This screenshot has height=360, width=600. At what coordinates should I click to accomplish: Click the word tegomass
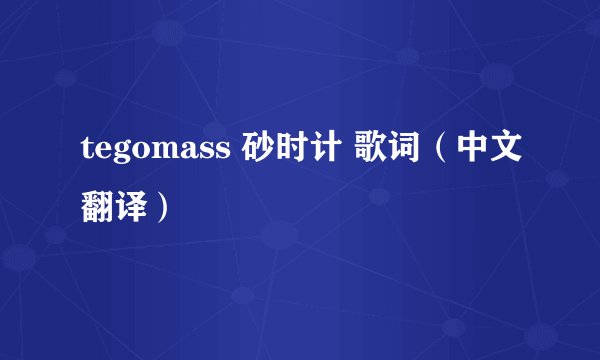click(154, 152)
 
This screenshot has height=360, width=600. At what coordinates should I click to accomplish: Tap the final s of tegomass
click(222, 153)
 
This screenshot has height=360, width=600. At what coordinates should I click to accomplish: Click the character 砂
click(257, 151)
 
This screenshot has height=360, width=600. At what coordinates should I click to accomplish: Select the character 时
click(289, 151)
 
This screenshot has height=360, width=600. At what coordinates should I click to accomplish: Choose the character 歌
click(365, 151)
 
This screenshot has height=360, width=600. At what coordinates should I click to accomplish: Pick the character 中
click(471, 151)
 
